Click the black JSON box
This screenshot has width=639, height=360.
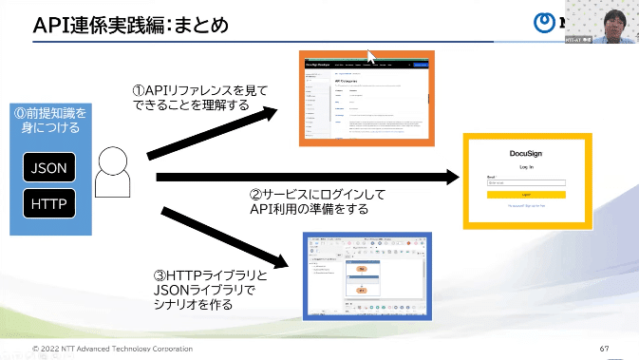pos(49,168)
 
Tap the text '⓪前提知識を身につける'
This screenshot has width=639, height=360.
pos(49,120)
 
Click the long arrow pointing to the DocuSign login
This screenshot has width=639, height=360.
pos(304,178)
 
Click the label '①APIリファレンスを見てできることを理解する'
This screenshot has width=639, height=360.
pos(199,98)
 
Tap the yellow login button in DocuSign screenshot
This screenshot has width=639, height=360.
pos(527,194)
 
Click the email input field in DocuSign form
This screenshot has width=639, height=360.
pos(527,182)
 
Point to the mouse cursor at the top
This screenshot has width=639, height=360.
pos(372,57)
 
